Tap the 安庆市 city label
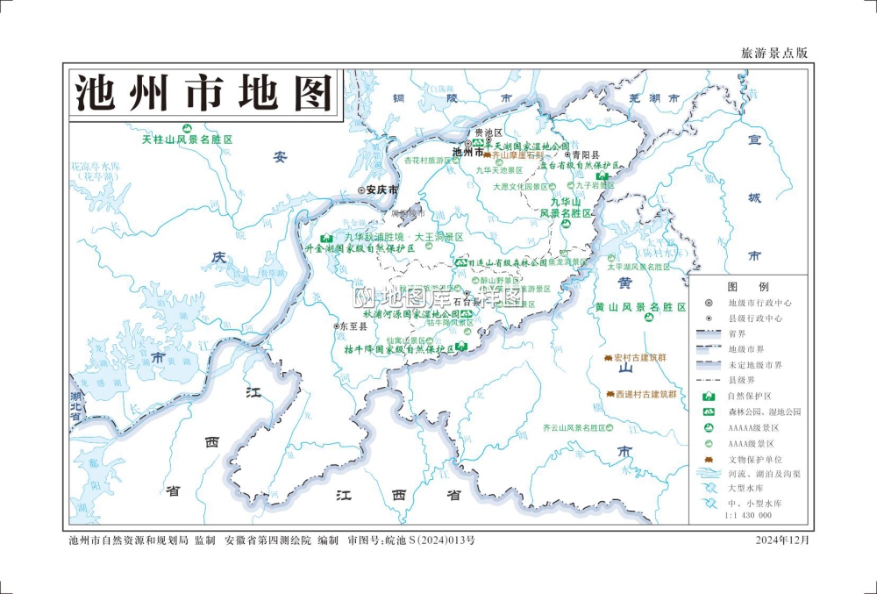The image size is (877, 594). [381, 190]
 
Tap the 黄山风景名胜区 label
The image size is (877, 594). [640, 307]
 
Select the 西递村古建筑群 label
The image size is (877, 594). [646, 395]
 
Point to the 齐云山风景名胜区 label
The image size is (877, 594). [574, 428]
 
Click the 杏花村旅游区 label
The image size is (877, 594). [426, 161]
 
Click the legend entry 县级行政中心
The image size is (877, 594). [755, 318]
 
